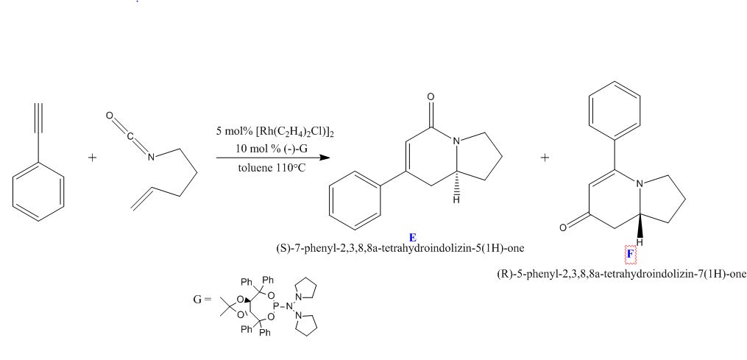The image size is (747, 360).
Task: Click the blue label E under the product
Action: (413, 238)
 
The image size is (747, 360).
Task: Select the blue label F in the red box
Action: (630, 255)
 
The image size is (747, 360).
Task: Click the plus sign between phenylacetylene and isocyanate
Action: (93, 158)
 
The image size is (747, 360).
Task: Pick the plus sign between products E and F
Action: (545, 158)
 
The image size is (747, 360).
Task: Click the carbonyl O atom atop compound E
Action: (431, 97)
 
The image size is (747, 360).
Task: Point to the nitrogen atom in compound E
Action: (456, 141)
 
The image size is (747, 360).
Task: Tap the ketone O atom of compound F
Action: (563, 227)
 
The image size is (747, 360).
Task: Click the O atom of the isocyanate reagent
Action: (110, 116)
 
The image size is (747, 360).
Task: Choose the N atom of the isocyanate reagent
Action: (151, 157)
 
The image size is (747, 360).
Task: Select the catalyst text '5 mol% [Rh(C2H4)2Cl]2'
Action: (275, 131)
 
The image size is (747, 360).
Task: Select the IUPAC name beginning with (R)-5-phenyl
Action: (620, 274)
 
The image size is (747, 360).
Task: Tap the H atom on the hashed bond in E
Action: (456, 200)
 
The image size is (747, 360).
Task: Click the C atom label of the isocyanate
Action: (130, 136)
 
